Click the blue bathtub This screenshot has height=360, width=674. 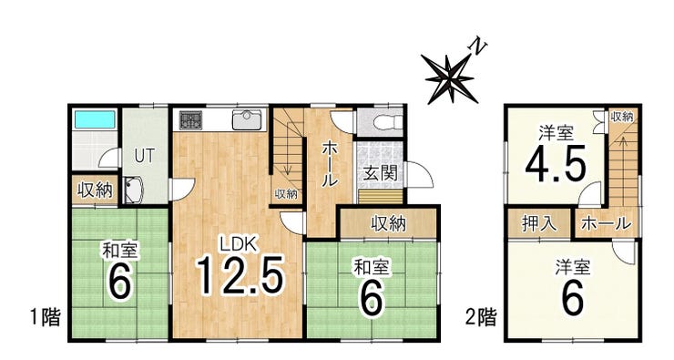(x=95, y=119)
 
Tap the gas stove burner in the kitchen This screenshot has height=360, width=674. (x=190, y=120)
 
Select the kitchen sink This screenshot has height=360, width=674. (x=247, y=119)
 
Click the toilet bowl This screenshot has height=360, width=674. (x=388, y=122)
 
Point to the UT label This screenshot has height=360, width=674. (x=144, y=156)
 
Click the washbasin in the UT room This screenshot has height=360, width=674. (x=135, y=190)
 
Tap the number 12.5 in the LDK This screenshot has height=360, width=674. (x=240, y=275)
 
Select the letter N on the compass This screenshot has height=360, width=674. (x=478, y=46)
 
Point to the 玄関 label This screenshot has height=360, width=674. (x=381, y=173)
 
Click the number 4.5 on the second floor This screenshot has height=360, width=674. (x=556, y=164)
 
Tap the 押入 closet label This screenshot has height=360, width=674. (x=539, y=223)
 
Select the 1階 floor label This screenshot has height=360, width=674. (x=46, y=317)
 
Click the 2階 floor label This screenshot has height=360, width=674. (x=482, y=317)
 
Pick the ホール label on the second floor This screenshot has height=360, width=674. (x=606, y=223)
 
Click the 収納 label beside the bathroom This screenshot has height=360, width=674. (x=95, y=190)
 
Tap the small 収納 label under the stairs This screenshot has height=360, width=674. (x=286, y=194)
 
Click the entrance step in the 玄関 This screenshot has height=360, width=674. (x=381, y=196)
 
